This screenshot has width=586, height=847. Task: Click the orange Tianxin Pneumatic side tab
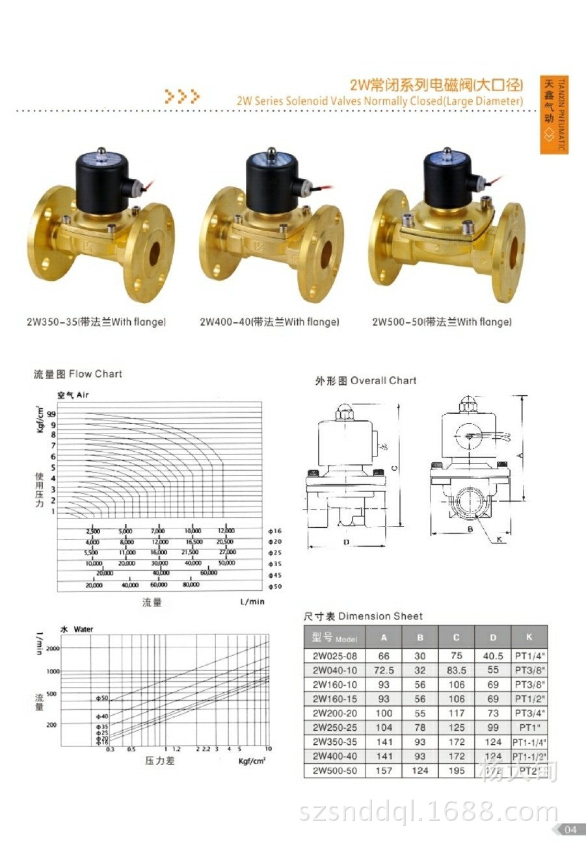(x=554, y=116)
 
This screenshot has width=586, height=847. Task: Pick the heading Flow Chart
(x=77, y=374)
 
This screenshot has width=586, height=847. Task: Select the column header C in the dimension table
(x=457, y=638)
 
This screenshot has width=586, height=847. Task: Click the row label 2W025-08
(x=335, y=657)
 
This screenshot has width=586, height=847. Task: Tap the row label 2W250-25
(x=335, y=727)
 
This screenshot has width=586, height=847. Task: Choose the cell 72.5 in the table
(x=384, y=671)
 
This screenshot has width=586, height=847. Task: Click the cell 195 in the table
(x=457, y=771)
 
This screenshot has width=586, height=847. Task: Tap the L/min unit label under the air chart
(x=252, y=602)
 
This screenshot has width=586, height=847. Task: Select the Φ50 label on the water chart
(x=101, y=699)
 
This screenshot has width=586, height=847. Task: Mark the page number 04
(x=570, y=829)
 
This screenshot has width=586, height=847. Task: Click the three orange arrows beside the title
(x=181, y=97)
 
